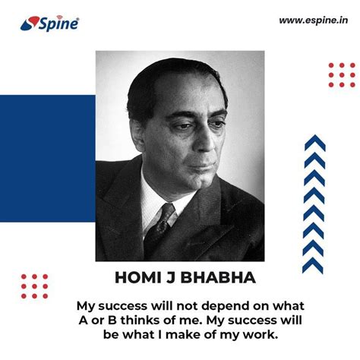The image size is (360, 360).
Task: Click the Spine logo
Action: pyautogui.click(x=49, y=24)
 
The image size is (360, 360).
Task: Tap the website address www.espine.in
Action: pyautogui.click(x=314, y=21)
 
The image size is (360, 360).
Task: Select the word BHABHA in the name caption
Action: pyautogui.click(x=218, y=277)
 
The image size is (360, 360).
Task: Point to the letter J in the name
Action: pyautogui.click(x=170, y=278)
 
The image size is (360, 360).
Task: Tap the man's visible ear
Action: pyautogui.click(x=137, y=131)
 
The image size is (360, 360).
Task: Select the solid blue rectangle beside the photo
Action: pyautogui.click(x=48, y=159)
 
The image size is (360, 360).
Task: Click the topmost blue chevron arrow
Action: pyautogui.click(x=315, y=143)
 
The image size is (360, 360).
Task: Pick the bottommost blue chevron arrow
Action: pyautogui.click(x=313, y=265)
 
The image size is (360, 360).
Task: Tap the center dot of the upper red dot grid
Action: pyautogui.click(x=342, y=75)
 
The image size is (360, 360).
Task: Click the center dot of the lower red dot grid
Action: pyautogui.click(x=34, y=286)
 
